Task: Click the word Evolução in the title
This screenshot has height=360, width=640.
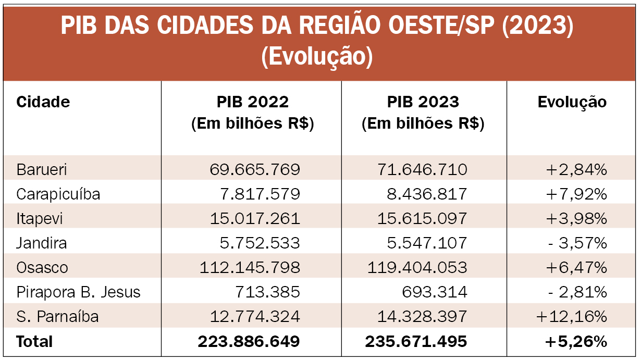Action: pyautogui.click(x=317, y=57)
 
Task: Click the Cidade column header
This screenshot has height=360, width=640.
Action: pyautogui.click(x=43, y=102)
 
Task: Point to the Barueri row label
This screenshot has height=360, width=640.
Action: pyautogui.click(x=42, y=169)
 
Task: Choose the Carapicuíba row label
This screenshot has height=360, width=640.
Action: pyautogui.click(x=58, y=194)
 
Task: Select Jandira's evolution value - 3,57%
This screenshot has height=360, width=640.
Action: pyautogui.click(x=577, y=243)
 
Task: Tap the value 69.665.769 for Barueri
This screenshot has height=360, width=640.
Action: pyautogui.click(x=255, y=169)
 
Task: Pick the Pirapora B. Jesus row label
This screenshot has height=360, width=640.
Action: pyautogui.click(x=79, y=292)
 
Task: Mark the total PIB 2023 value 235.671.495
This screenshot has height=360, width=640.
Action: pyautogui.click(x=416, y=342)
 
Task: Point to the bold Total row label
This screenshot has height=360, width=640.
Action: pyautogui.click(x=34, y=342)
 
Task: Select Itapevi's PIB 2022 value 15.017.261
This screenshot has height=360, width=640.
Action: pyautogui.click(x=255, y=219)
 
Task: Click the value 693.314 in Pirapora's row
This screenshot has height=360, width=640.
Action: pyautogui.click(x=435, y=292)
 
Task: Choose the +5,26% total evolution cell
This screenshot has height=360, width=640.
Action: pyautogui.click(x=576, y=342)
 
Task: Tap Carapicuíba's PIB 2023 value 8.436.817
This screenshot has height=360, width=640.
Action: pyautogui.click(x=425, y=194)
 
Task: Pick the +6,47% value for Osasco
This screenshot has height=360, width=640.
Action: pyautogui.click(x=576, y=268)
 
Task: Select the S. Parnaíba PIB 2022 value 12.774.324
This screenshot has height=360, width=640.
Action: pyautogui.click(x=255, y=317)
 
